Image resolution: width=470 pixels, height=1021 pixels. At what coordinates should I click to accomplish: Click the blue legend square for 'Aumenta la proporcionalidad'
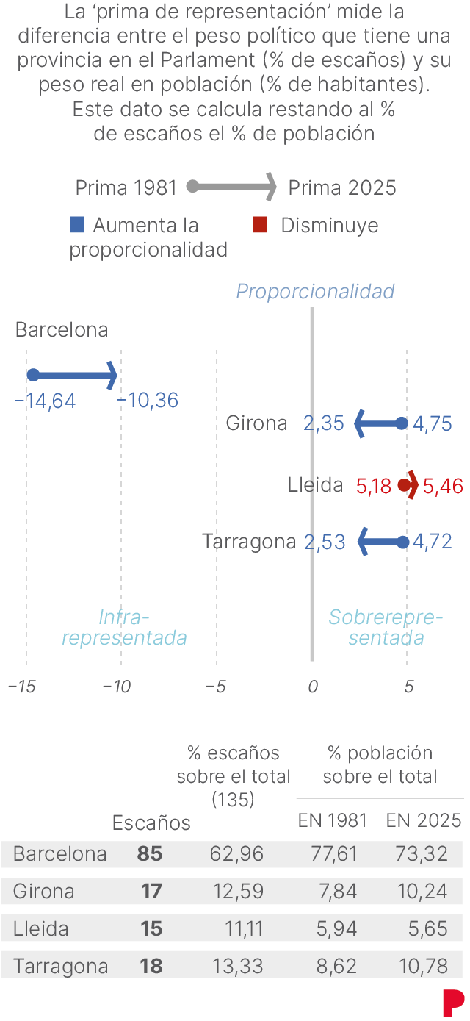(77, 225)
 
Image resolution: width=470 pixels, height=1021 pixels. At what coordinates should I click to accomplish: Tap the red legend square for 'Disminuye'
(259, 225)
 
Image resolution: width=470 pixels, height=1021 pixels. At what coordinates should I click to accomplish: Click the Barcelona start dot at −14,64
(33, 375)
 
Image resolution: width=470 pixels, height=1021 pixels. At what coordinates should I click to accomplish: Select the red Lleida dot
(403, 485)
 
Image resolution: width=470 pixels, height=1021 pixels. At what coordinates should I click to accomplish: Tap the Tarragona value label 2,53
(325, 542)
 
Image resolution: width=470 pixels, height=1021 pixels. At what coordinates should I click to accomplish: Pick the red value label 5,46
(443, 486)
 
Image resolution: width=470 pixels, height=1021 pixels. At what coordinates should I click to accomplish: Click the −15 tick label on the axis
(22, 687)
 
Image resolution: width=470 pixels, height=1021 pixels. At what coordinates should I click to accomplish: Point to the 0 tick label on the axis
(313, 687)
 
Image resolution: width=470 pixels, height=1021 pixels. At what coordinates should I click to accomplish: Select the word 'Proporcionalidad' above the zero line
(315, 292)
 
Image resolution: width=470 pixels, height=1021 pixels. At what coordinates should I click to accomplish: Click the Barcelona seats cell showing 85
(150, 854)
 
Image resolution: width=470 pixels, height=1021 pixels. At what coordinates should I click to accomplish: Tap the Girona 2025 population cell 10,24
(425, 892)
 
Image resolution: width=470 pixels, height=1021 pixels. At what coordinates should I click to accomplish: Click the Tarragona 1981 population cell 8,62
(339, 967)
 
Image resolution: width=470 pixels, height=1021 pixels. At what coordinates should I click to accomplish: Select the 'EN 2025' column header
(424, 821)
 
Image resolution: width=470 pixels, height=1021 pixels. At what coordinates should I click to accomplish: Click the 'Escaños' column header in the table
(151, 823)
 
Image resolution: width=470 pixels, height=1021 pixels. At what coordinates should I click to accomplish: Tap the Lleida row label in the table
(41, 929)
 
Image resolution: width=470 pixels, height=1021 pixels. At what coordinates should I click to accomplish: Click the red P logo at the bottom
(453, 1003)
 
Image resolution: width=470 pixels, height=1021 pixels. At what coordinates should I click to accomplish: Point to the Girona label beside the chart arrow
(256, 423)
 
